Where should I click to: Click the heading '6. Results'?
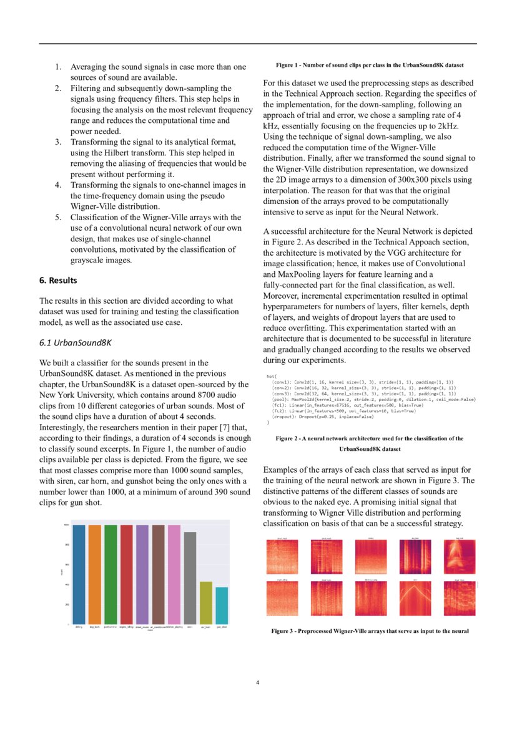[59, 281]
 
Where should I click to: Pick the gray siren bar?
[189, 577]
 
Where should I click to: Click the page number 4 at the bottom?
[257, 682]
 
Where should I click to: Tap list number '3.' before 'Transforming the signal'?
[57, 142]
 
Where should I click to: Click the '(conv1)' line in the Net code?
[284, 382]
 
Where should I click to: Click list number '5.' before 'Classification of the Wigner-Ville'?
[57, 218]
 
